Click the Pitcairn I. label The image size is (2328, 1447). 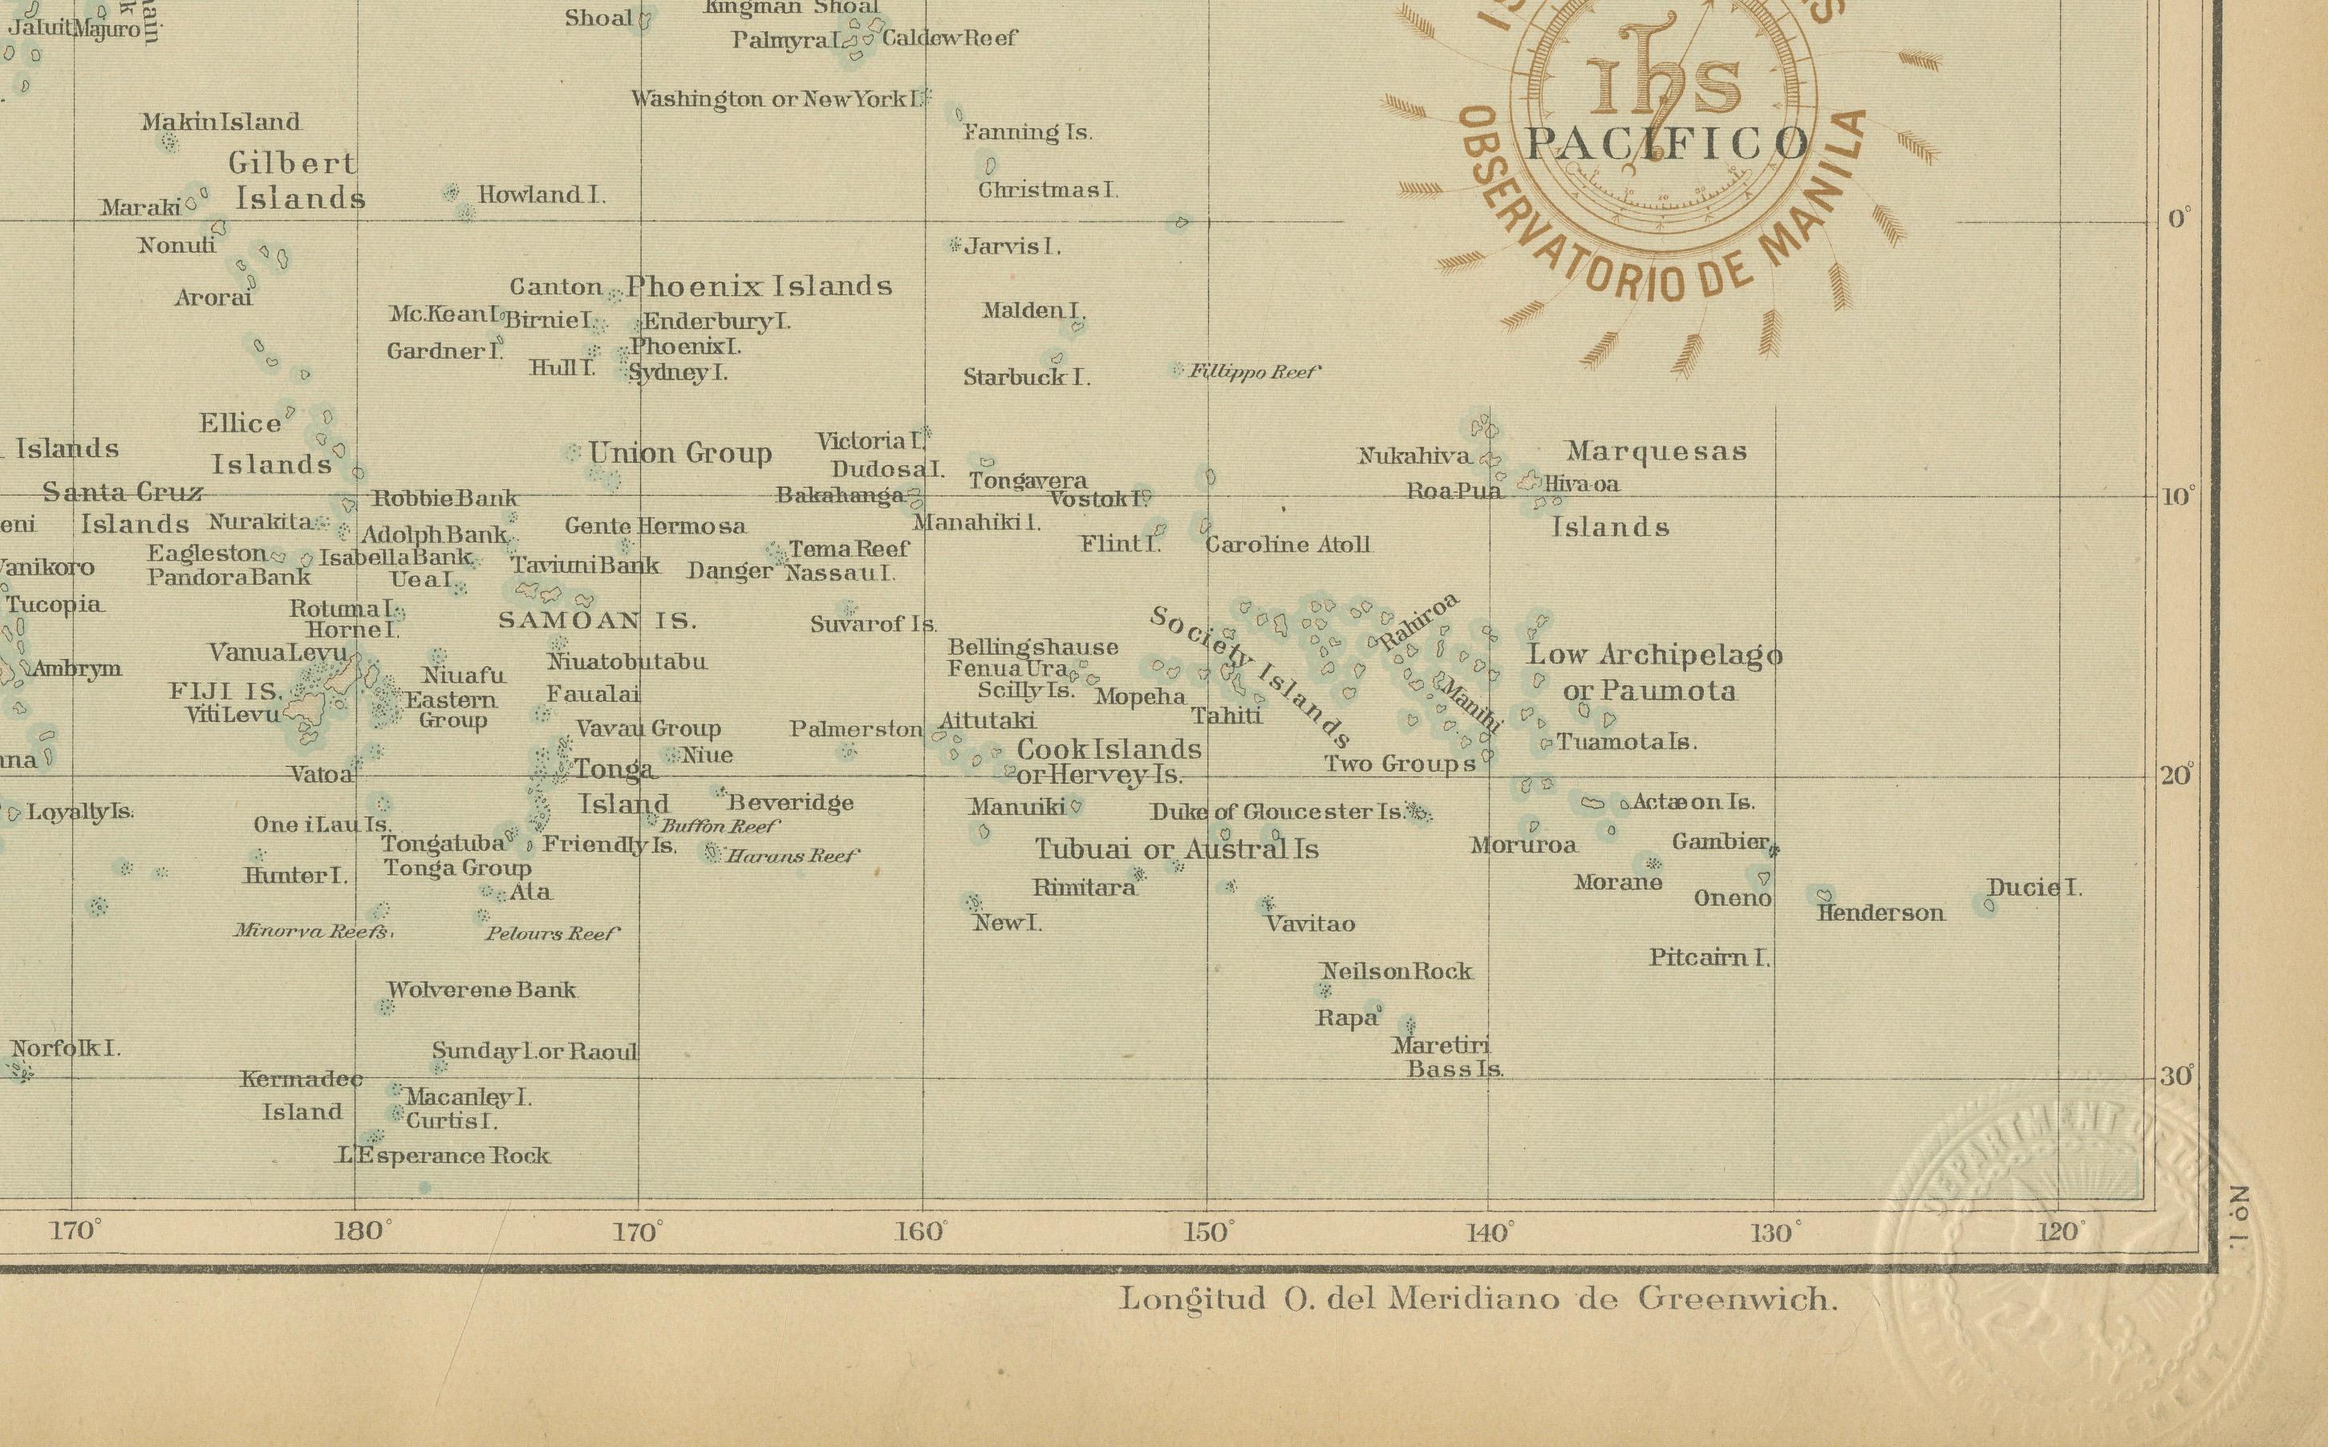(1709, 957)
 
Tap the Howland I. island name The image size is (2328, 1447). (541, 195)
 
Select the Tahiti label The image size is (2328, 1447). (1227, 715)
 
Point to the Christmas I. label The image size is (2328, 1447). (1047, 189)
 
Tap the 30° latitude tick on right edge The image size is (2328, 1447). (2175, 1076)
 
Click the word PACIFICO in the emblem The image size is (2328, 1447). (1668, 144)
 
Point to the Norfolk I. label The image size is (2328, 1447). (65, 1048)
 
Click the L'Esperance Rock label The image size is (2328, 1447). (445, 1156)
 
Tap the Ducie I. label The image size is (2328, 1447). (2034, 887)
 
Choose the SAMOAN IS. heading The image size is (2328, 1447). (597, 621)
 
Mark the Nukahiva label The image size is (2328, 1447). (1414, 456)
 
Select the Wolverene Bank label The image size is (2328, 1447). (481, 990)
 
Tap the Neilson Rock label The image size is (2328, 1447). (1396, 971)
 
